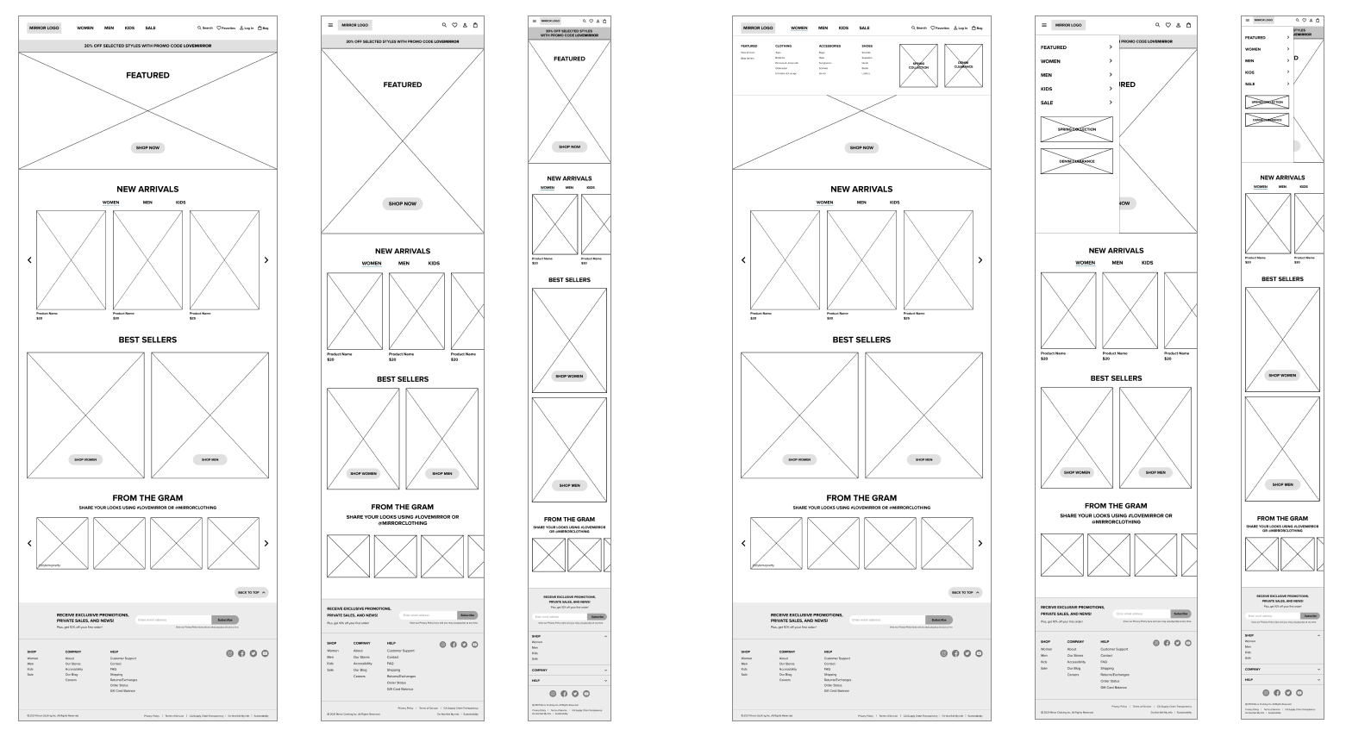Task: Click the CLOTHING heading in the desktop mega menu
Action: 783,46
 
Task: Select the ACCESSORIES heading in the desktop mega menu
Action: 830,46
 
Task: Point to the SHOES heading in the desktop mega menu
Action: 867,46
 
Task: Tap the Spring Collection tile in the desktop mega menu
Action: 918,65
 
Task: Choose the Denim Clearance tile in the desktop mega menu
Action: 963,65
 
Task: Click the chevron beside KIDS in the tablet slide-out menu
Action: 1111,89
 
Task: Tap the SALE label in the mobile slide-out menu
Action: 1249,84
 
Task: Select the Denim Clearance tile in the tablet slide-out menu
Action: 1076,161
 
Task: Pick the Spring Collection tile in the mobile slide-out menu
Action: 1267,102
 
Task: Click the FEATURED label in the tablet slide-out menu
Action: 1053,47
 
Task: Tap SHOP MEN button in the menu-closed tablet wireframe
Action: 442,473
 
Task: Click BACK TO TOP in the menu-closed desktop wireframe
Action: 252,592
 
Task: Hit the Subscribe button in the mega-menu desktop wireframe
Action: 939,620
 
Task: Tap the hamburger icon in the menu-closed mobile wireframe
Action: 535,21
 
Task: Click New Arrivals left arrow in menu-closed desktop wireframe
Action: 29,259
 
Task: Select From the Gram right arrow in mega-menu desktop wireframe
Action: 980,543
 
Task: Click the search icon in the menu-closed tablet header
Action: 444,25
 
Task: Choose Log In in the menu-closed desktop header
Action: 247,28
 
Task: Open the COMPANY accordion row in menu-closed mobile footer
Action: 569,670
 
